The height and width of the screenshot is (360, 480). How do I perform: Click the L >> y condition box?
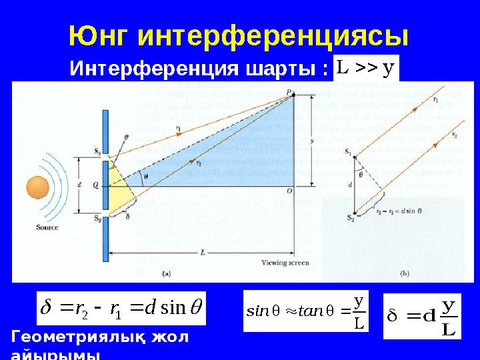pos(366,67)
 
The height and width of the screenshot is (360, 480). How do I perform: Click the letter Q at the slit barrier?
pos(96,187)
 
